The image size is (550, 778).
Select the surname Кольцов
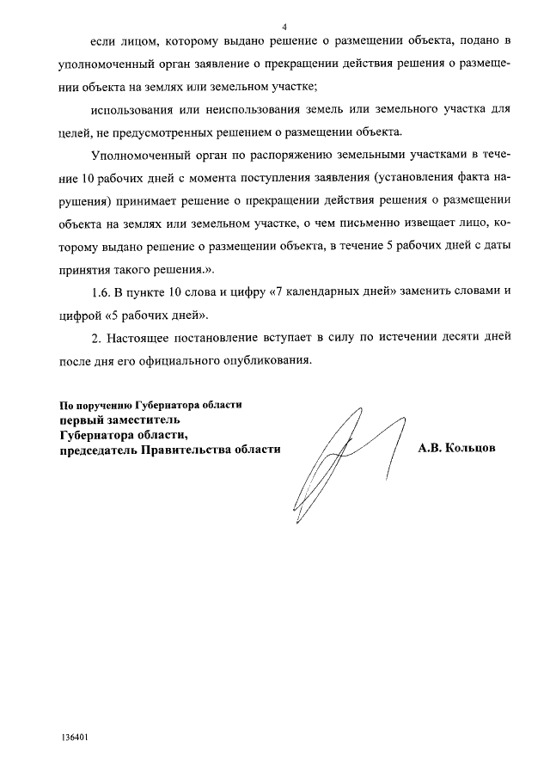click(x=469, y=448)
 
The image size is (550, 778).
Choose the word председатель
click(x=94, y=449)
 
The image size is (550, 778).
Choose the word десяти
click(x=437, y=335)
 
